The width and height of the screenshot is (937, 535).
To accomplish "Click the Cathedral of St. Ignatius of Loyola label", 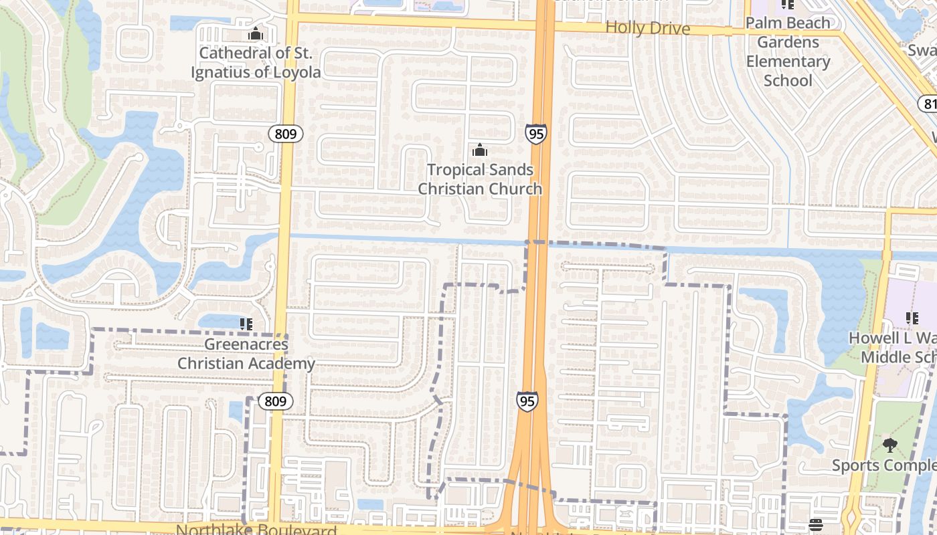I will [x=256, y=62].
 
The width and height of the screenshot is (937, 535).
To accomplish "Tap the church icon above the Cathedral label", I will [x=255, y=33].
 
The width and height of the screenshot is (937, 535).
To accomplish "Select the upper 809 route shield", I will [x=286, y=134].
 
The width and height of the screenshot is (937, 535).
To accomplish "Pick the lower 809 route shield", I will [x=275, y=401].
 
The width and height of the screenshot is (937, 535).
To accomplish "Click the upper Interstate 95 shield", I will [x=535, y=134].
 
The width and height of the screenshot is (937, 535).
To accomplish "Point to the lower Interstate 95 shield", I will [x=527, y=401].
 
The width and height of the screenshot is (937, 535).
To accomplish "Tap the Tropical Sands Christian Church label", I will [x=480, y=179].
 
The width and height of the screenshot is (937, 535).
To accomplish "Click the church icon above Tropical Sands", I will [x=480, y=150].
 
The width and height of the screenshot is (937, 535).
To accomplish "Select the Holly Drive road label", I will [x=647, y=28].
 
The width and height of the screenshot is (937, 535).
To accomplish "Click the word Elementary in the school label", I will [x=788, y=62].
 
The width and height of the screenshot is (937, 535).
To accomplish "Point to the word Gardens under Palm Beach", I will [x=788, y=42].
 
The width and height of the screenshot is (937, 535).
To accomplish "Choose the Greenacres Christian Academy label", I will [x=246, y=354].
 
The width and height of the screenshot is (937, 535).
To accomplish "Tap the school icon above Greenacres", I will [x=246, y=324].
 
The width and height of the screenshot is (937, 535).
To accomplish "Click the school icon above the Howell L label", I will [x=912, y=318].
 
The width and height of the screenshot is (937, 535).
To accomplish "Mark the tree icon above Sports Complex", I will [x=889, y=445].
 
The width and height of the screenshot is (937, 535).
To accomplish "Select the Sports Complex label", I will [x=883, y=465].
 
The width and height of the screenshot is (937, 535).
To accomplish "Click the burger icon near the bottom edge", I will [x=815, y=525].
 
